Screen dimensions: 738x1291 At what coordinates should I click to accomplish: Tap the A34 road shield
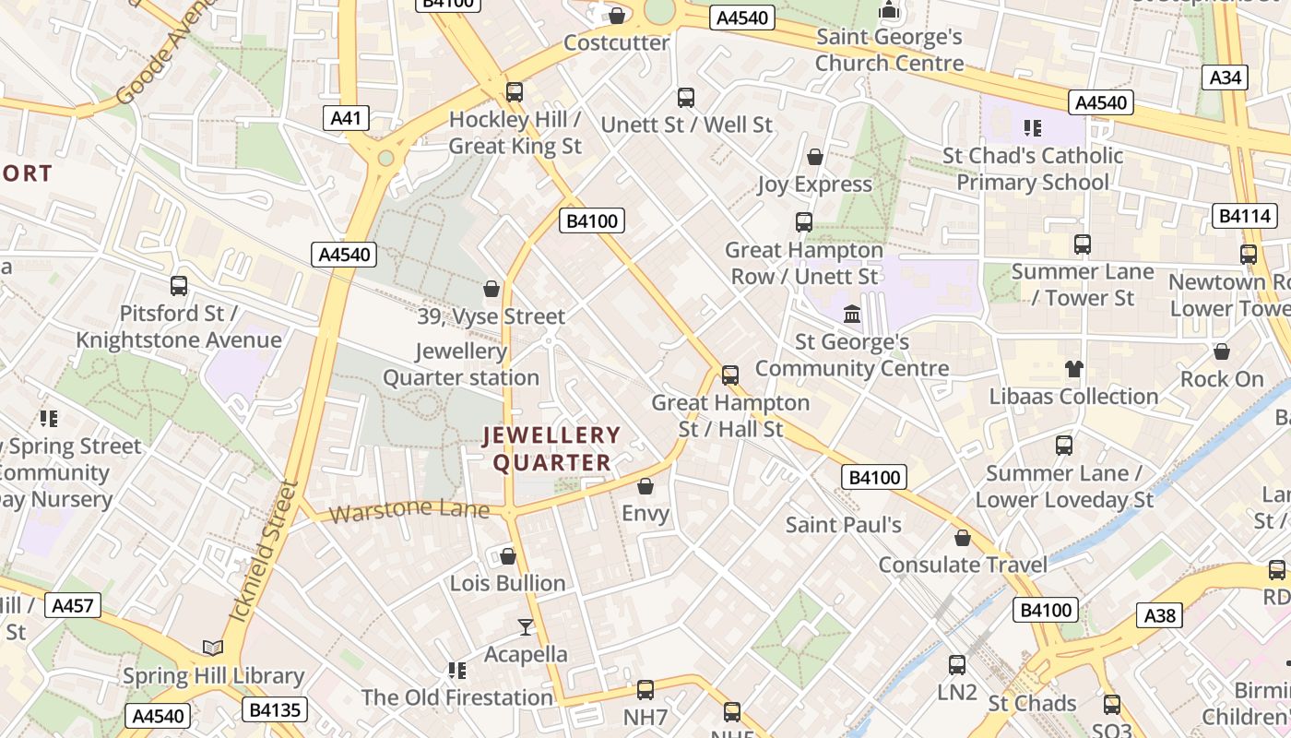(1225, 77)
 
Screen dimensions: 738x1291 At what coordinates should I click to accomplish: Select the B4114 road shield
(1244, 217)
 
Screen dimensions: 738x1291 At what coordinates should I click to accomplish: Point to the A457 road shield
(73, 606)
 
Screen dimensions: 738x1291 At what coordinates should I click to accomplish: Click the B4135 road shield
(275, 709)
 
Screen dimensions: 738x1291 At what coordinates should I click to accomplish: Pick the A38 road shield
(1161, 615)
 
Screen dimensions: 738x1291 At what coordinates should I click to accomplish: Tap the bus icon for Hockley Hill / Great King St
(515, 92)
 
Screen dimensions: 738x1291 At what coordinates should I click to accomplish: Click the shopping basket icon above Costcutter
(617, 16)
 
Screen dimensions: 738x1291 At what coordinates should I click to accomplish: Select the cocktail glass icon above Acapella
(526, 627)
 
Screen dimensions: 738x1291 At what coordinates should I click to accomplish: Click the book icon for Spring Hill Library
(213, 649)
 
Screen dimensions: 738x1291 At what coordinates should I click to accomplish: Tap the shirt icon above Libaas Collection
(1073, 370)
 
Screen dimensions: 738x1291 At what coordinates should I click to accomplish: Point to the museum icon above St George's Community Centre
(852, 315)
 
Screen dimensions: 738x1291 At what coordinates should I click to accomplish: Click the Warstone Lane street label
(409, 510)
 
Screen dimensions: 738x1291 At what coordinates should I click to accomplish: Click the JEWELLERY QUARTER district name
(551, 448)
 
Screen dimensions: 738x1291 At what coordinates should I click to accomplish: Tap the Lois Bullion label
(507, 583)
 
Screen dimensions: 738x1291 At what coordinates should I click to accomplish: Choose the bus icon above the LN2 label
(957, 664)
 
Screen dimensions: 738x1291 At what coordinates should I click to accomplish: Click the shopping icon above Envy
(645, 486)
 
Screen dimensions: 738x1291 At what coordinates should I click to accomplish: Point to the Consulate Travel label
(963, 565)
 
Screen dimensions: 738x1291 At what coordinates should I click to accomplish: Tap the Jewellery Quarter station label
(461, 364)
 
